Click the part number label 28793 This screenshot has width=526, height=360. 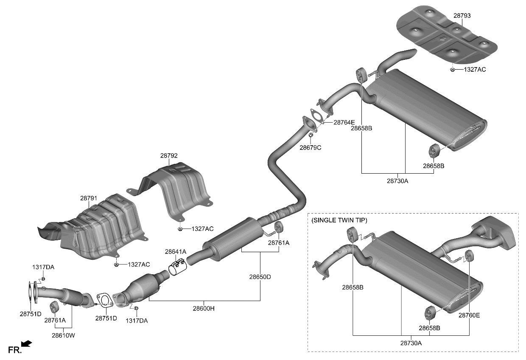point(462,16)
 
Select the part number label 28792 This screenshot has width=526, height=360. point(169,156)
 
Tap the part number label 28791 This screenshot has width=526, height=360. point(89,198)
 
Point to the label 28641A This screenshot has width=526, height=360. point(176,252)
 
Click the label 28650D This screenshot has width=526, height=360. point(260,277)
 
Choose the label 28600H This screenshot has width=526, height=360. point(204,309)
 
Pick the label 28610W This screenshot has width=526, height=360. point(63,335)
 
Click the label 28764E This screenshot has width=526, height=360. point(344,122)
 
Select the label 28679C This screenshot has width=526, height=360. point(310,148)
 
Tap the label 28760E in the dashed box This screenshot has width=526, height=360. point(469,315)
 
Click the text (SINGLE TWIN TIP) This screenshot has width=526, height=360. point(339,220)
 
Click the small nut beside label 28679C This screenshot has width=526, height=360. point(311,135)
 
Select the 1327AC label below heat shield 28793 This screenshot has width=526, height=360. point(475,69)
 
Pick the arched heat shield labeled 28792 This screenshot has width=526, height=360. point(176,191)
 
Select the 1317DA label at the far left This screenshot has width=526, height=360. point(43,267)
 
